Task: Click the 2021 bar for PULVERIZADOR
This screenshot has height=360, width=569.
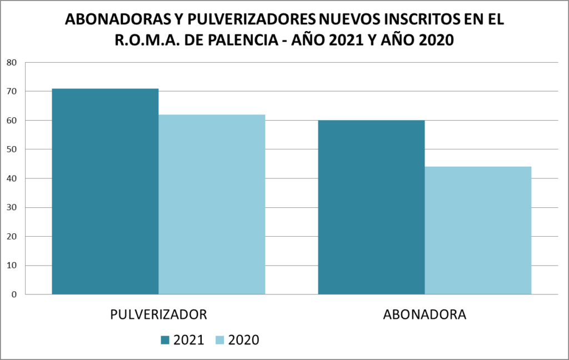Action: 105,191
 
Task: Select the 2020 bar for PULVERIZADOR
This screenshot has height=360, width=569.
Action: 212,204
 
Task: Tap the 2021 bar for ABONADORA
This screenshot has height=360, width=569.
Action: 371,207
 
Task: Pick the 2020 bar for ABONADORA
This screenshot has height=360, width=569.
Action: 478,230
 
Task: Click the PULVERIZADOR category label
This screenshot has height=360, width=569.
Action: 159,314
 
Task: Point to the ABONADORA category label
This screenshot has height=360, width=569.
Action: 425,314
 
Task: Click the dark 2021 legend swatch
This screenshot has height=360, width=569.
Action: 166,340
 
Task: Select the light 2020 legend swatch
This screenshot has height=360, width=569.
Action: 219,340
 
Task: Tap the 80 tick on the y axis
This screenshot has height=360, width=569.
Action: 12,62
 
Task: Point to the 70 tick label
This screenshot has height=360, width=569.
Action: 12,91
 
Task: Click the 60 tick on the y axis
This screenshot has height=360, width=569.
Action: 12,120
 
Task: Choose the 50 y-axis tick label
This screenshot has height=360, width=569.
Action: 12,149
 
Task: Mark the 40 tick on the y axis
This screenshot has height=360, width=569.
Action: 12,178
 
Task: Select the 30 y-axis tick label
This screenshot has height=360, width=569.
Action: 12,207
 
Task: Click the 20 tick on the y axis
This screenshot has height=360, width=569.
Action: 12,236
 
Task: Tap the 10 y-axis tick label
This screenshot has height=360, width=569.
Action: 12,265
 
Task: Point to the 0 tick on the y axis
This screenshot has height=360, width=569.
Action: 14,294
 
